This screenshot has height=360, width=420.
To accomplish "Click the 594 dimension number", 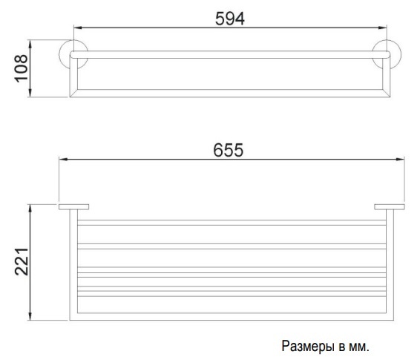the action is point(230,19).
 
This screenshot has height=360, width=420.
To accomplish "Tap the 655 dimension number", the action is point(229,150).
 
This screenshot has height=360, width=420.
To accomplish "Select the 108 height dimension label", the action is point(22,68).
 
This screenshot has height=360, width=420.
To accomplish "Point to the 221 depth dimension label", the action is point(22,262).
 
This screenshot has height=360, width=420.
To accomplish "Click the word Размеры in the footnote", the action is point(308,346).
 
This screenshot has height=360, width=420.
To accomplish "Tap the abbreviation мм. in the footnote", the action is point(358,347).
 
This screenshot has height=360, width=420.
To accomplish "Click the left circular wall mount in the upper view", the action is point(73,54).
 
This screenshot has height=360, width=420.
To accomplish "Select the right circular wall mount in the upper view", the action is point(387,54).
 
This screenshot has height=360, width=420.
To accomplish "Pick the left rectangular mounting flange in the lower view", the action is point(73,207).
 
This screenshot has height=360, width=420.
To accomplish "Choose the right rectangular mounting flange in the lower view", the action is point(390,207).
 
